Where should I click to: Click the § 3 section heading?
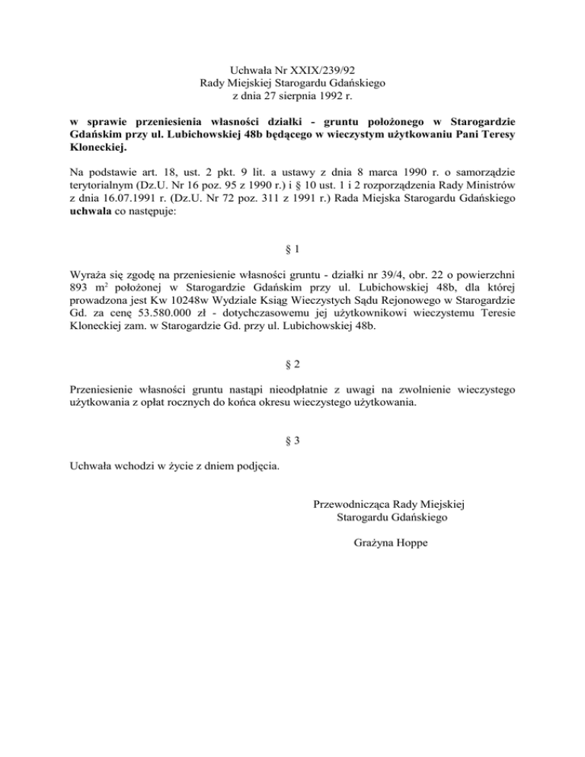[x=292, y=441]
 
